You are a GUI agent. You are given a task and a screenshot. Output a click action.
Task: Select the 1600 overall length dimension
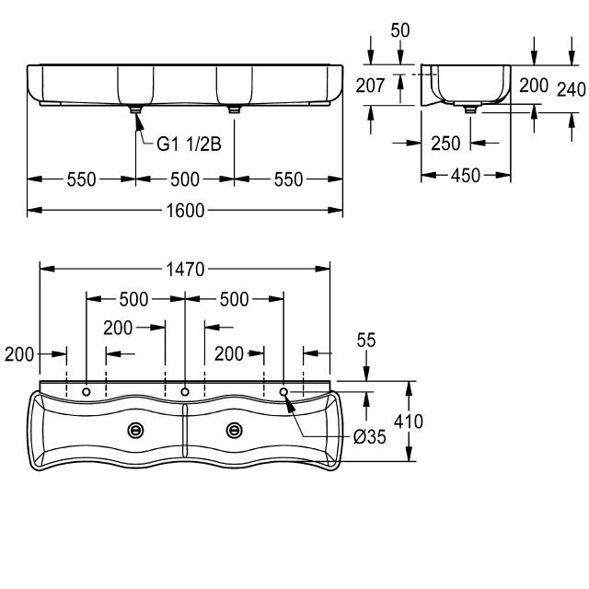point(185,211)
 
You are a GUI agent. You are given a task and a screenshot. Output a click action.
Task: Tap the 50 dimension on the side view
point(400,30)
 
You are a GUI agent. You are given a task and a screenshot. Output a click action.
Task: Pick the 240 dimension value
point(570,88)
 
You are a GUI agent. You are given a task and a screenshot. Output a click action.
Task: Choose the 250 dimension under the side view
point(445,144)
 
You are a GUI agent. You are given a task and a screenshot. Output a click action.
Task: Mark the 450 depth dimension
point(466,176)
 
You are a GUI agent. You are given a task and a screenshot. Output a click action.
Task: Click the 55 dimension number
point(366,341)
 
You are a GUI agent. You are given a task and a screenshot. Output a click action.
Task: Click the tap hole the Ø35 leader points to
point(284,393)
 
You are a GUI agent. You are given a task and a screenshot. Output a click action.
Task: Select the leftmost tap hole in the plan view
point(87,393)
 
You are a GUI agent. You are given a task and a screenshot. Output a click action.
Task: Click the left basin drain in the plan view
point(137,429)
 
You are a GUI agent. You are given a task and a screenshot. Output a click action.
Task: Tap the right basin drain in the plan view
point(235,429)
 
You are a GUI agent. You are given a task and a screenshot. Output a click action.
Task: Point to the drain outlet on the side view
point(472,108)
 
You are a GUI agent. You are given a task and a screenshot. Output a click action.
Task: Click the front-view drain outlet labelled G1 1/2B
point(136,109)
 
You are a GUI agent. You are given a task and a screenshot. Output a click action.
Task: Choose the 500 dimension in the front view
point(185,179)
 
